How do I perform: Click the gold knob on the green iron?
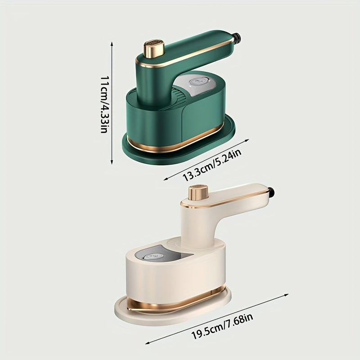pyautogui.click(x=153, y=49)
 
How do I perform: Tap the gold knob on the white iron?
pyautogui.click(x=198, y=193)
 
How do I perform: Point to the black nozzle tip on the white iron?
pyautogui.click(x=271, y=193)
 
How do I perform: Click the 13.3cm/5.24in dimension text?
pyautogui.click(x=211, y=165)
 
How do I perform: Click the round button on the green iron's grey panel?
pyautogui.click(x=198, y=81)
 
